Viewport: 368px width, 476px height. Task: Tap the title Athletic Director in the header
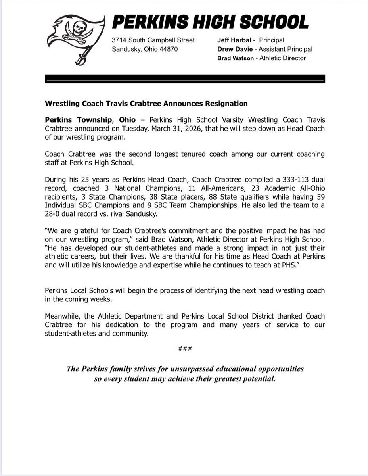[x=282, y=58]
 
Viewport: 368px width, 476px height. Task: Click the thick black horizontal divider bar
[x=185, y=78]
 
